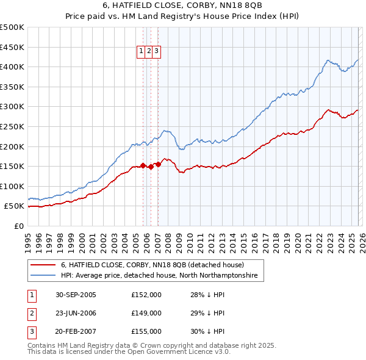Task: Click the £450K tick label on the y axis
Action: point(12,47)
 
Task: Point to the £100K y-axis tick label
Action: point(12,186)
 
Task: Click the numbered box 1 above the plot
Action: point(142,52)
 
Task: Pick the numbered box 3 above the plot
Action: point(156,52)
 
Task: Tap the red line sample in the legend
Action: point(43,265)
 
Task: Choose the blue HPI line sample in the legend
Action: point(43,276)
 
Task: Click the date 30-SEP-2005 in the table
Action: point(76,295)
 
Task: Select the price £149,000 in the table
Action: point(146,313)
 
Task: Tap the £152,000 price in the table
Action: point(146,295)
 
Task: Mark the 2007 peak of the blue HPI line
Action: point(165,131)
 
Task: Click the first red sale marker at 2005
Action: point(143,165)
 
